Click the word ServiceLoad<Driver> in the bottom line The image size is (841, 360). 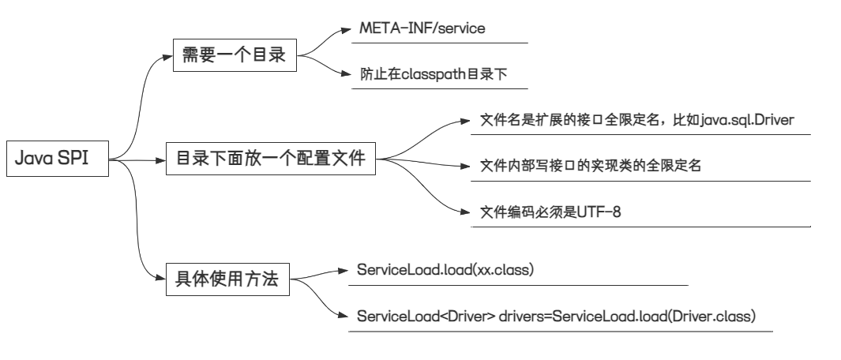426,317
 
